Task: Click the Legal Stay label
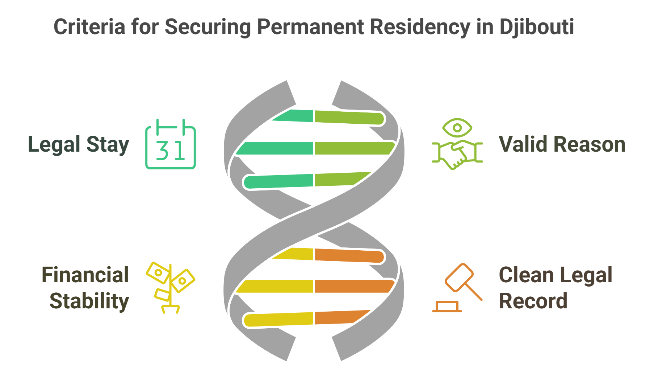tap(78, 145)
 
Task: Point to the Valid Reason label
tap(562, 144)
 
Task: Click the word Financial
tap(85, 275)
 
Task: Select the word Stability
tap(89, 301)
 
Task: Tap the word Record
tap(533, 301)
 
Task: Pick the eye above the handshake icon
tap(457, 128)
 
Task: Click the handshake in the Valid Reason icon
tap(457, 154)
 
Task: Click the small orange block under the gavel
tap(447, 307)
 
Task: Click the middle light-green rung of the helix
tap(353, 148)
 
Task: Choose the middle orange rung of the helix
tap(353, 286)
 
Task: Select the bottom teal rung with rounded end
tap(277, 181)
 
